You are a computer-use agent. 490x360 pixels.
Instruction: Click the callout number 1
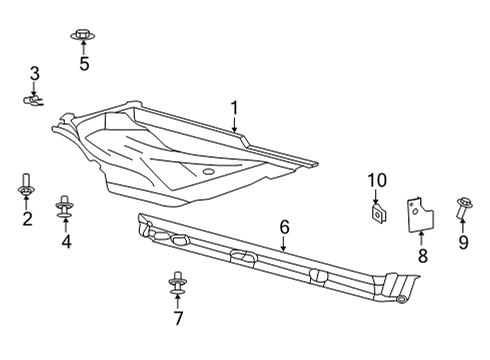point(234,108)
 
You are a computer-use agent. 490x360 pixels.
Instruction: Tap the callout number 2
point(27,219)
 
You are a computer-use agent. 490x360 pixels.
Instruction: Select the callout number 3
point(34,73)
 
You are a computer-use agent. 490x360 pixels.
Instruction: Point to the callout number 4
point(66,241)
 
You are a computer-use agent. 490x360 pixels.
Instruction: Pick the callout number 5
point(84,65)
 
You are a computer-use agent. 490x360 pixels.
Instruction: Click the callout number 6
point(284,228)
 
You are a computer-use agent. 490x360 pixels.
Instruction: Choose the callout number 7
point(178,319)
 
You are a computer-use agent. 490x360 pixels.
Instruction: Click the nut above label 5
point(83,36)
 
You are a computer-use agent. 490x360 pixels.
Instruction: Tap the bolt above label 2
point(26,187)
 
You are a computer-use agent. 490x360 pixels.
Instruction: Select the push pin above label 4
point(66,206)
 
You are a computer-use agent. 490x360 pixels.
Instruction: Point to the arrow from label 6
point(284,243)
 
